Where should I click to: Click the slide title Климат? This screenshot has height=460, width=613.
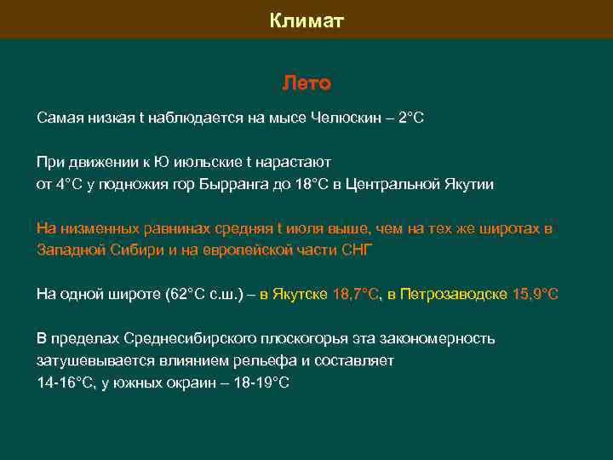coord(306,20)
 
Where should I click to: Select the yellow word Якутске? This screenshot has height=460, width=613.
coord(301,294)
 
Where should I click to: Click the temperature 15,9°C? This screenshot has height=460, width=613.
coord(536,294)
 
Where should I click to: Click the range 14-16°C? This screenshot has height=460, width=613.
coord(66,382)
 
